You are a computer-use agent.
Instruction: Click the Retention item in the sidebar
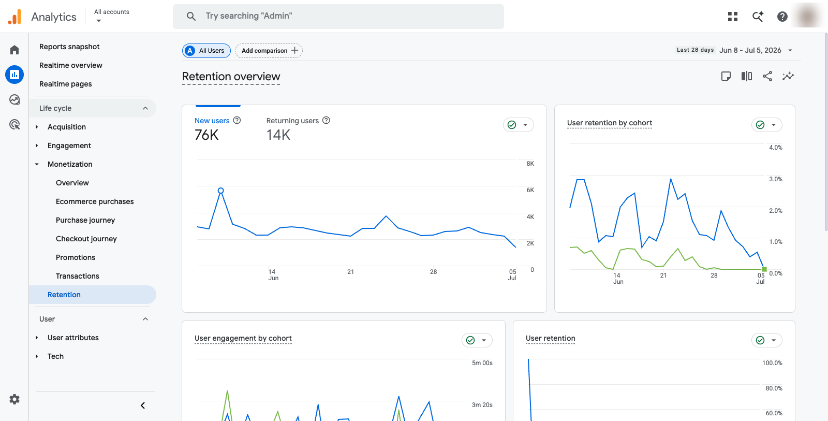tap(64, 295)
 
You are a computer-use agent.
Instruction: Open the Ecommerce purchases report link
tap(95, 201)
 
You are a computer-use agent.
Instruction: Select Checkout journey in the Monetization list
tap(86, 239)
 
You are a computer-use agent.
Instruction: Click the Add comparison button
tap(269, 51)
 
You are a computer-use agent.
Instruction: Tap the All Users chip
tap(206, 51)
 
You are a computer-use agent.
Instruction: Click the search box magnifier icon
tap(191, 16)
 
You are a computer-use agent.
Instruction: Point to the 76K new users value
tap(206, 135)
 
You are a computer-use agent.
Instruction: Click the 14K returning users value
tap(278, 135)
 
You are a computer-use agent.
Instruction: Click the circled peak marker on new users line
tap(220, 191)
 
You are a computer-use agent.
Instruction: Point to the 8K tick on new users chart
tap(530, 164)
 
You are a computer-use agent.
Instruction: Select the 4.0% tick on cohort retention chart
tap(776, 147)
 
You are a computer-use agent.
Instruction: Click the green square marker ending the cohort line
tap(764, 269)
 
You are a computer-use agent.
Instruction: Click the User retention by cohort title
tap(610, 123)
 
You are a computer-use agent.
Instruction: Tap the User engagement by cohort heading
tap(243, 338)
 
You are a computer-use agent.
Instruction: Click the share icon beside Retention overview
tap(767, 76)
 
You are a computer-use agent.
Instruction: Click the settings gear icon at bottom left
tap(14, 399)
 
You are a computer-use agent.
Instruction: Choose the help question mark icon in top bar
tap(782, 17)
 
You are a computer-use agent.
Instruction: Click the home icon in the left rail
tap(14, 50)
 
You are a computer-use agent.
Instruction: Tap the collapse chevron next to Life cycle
tap(145, 108)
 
